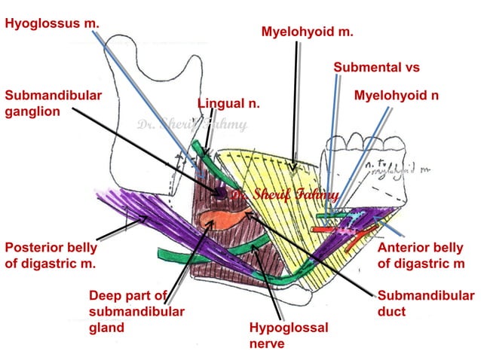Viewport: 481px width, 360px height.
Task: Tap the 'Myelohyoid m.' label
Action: click(307, 32)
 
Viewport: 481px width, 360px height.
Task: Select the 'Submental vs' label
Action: click(376, 68)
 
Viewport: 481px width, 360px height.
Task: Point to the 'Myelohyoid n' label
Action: click(396, 96)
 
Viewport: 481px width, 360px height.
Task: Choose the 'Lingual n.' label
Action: click(228, 103)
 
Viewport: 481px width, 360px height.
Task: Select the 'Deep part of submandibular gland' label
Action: click(136, 311)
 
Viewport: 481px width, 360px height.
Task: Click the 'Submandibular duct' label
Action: click(424, 304)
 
